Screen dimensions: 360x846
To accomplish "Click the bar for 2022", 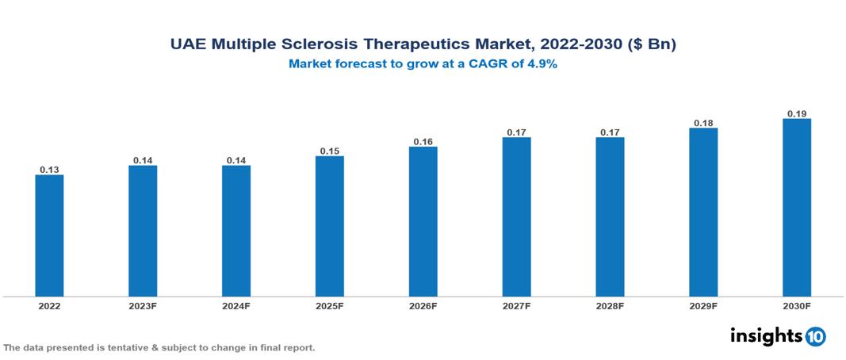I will [x=49, y=236].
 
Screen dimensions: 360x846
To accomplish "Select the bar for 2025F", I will [x=330, y=226].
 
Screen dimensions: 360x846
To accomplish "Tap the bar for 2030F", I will [x=797, y=208].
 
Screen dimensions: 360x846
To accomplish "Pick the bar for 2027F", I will [x=516, y=216].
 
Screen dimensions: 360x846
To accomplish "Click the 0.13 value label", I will [x=49, y=170].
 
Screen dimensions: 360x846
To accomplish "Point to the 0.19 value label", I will [x=797, y=113].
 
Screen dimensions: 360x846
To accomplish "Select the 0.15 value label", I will [x=330, y=151].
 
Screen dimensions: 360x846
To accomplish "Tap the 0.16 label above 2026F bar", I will [x=423, y=141].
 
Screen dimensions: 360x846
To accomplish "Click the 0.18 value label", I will [x=703, y=123].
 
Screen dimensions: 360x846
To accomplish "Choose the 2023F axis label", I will [x=143, y=305].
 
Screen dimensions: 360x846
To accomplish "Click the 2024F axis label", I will [x=236, y=305].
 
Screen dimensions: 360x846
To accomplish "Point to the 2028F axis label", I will [x=610, y=305].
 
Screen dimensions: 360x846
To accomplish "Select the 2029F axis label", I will [x=703, y=305].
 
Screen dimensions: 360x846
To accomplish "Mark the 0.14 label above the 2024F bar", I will [x=236, y=160].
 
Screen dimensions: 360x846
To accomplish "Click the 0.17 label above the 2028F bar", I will [x=610, y=132].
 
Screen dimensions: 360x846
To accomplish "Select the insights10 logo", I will [x=778, y=335].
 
